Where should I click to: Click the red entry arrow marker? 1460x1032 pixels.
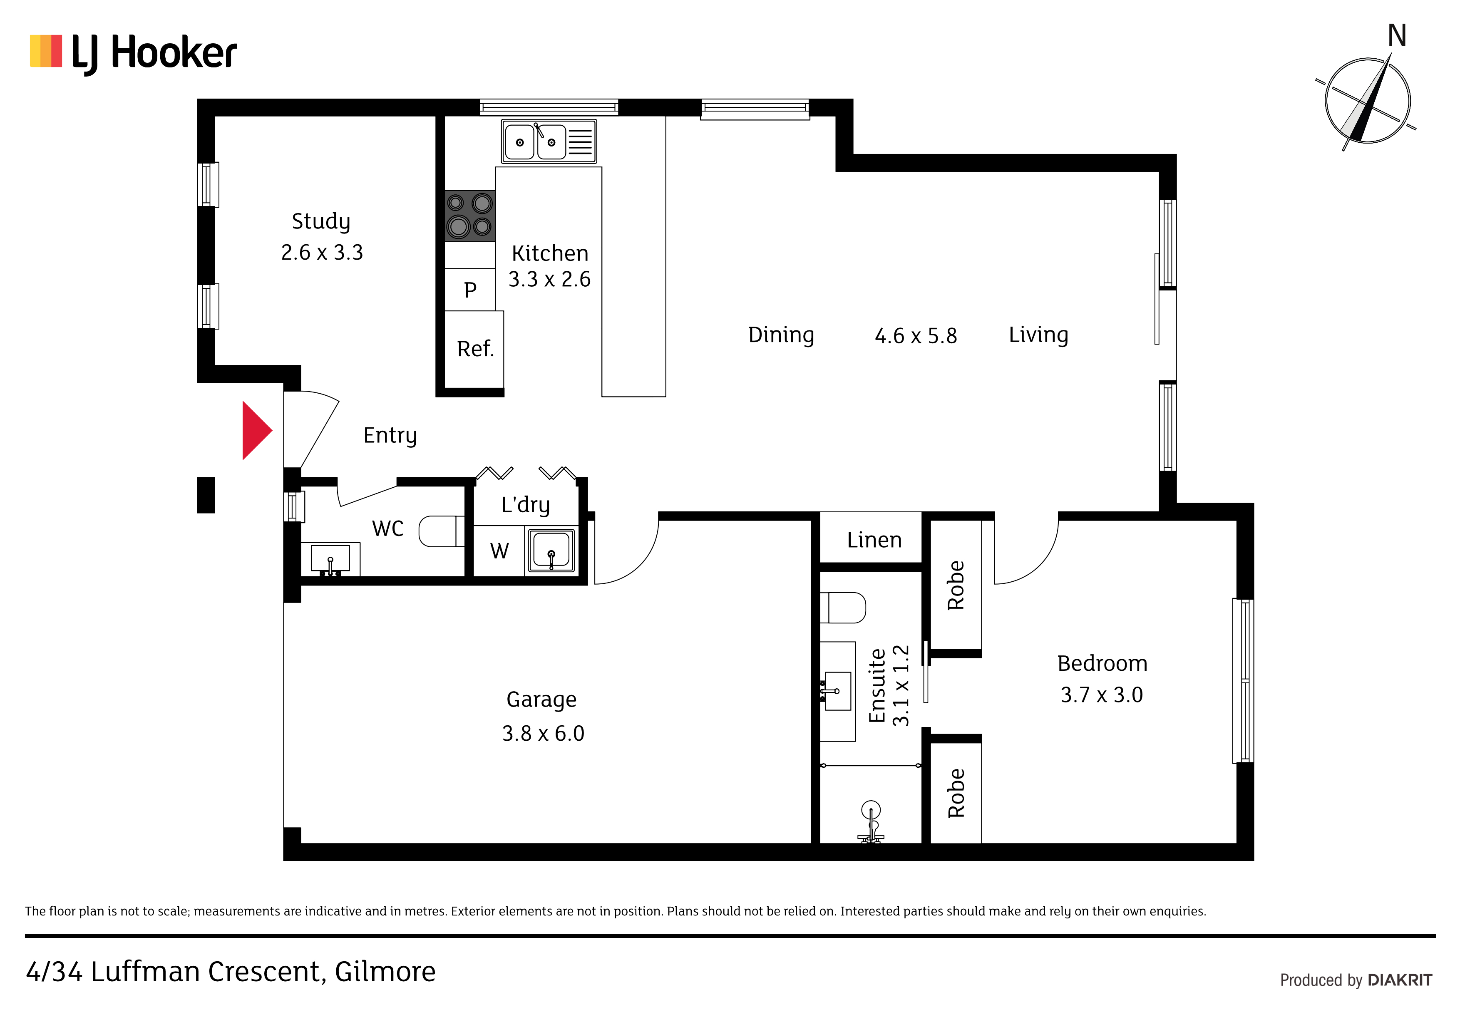(257, 430)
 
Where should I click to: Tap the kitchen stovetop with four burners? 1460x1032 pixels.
(470, 216)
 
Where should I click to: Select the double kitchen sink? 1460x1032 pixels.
(549, 141)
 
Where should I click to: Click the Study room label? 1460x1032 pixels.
(321, 221)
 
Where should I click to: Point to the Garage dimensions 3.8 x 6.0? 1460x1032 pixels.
(543, 733)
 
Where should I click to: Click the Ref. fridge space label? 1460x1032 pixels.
(475, 348)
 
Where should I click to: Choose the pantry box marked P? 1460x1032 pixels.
(470, 289)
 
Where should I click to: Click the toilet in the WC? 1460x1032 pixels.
(441, 531)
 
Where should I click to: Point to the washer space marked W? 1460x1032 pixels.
(499, 551)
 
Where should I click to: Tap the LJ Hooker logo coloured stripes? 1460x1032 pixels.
(46, 51)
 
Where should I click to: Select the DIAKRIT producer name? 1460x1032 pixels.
(1400, 980)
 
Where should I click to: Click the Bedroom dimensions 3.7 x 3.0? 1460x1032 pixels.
(1102, 695)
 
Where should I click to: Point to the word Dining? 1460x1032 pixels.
(781, 335)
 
